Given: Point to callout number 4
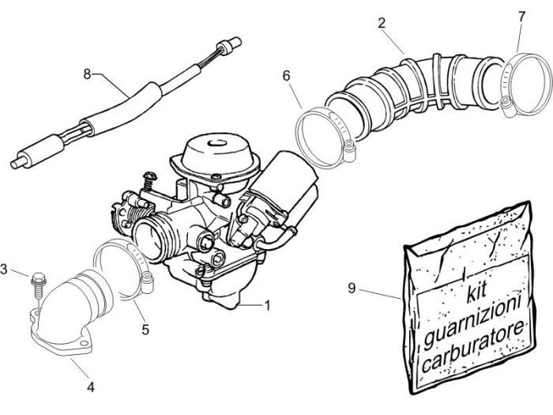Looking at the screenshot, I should (91, 387).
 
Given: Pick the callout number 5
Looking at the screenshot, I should (145, 328).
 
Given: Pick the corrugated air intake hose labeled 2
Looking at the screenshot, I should (411, 87).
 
